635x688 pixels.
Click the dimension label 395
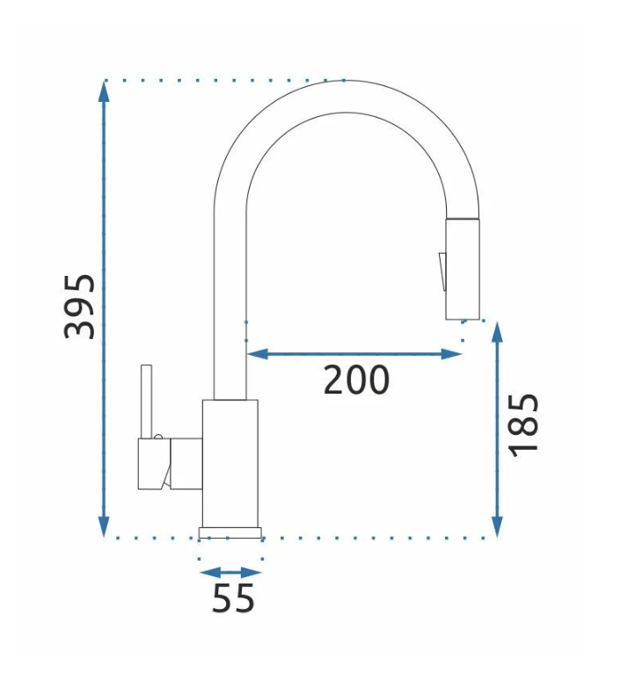[79, 307]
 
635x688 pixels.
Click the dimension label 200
[356, 380]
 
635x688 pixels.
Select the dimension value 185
[522, 425]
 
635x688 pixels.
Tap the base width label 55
[233, 598]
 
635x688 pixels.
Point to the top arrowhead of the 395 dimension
[104, 91]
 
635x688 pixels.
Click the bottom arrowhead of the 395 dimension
[104, 526]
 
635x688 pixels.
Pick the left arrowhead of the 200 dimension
[258, 353]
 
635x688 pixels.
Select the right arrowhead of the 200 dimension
[451, 353]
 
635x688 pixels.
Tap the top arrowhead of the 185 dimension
[497, 332]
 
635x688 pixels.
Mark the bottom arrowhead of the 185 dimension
[497, 526]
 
